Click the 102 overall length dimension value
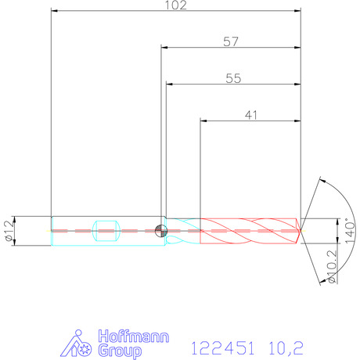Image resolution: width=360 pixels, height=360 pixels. [176, 5]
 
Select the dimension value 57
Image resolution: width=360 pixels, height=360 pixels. [231, 41]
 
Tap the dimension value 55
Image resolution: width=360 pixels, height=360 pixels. [233, 78]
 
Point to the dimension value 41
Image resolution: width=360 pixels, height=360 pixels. [251, 115]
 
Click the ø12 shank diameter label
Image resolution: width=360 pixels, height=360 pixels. [9, 230]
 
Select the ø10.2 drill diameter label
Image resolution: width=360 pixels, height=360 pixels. [332, 267]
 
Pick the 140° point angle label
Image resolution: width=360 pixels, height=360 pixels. [350, 231]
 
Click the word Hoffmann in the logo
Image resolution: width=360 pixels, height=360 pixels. [134, 336]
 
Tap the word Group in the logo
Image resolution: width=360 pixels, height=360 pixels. [120, 351]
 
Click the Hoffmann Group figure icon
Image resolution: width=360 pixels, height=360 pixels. [76, 344]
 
